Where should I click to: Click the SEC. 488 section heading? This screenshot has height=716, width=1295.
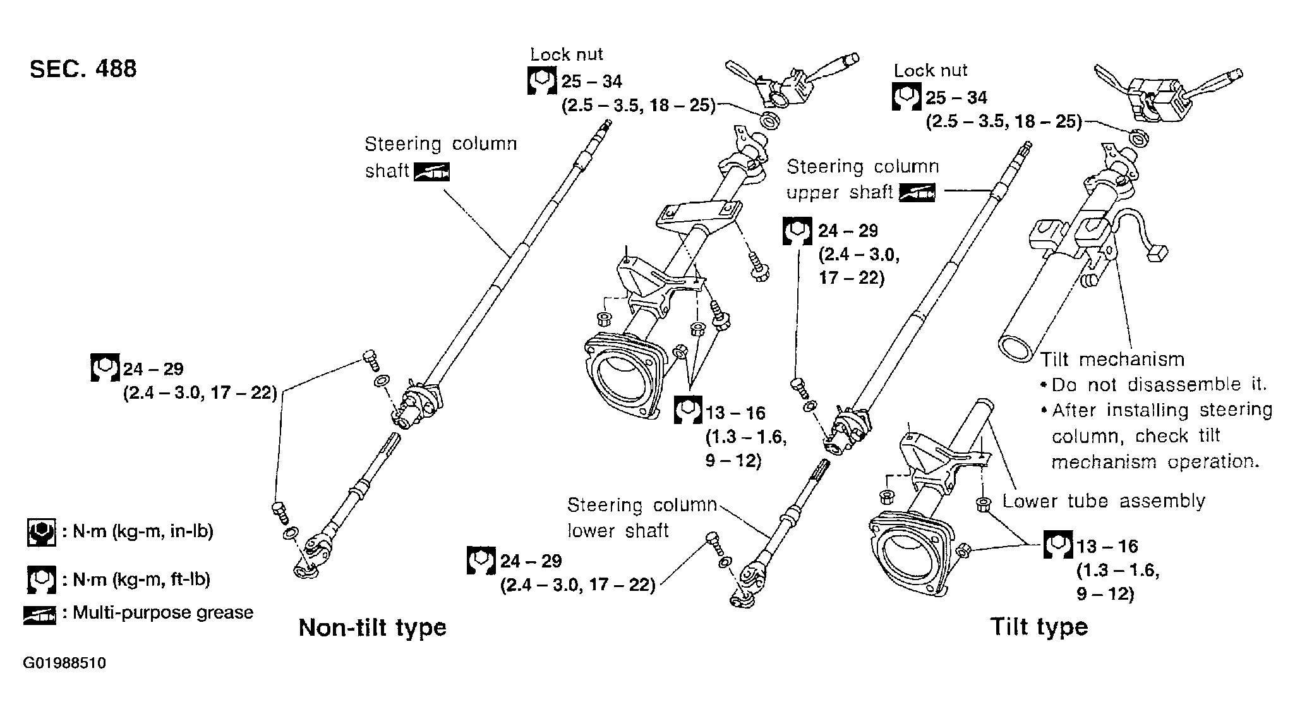(83, 69)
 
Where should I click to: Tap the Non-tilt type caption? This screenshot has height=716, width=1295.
(372, 628)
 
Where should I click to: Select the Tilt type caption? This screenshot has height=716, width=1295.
(1039, 627)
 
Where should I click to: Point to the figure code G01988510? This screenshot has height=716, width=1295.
(64, 664)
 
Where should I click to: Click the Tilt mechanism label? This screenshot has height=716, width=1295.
(1112, 360)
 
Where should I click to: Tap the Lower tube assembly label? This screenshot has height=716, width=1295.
(1104, 501)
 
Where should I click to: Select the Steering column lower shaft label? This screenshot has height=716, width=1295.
(642, 518)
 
